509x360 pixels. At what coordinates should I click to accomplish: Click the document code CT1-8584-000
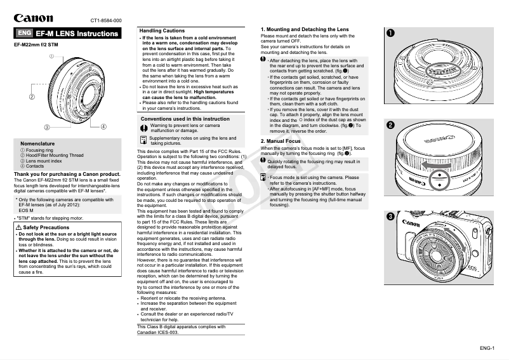pyautogui.click(x=106, y=20)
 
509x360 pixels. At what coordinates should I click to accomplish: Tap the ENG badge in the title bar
pyautogui.click(x=24, y=33)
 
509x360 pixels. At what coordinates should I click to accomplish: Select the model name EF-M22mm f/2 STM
pyautogui.click(x=36, y=45)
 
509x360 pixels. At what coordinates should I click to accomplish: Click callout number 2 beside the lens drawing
pyautogui.click(x=31, y=97)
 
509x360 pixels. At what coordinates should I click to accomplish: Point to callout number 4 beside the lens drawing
pyautogui.click(x=103, y=127)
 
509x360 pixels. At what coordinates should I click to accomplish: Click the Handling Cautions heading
pyautogui.click(x=162, y=30)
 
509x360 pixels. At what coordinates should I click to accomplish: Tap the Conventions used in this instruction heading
pyautogui.click(x=185, y=119)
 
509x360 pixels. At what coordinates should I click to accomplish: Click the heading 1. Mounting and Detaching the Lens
pyautogui.click(x=305, y=30)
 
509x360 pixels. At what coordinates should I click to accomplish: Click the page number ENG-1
pyautogui.click(x=487, y=347)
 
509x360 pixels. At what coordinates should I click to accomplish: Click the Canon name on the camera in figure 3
pyautogui.click(x=411, y=224)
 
